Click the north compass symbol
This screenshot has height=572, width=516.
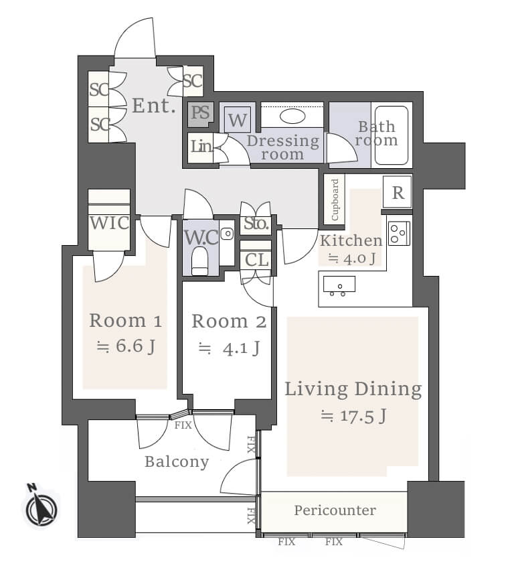click(x=41, y=506)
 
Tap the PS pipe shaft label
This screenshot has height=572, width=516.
click(x=200, y=113)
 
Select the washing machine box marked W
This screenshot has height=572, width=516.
click(x=238, y=120)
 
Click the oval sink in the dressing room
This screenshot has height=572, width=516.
click(x=292, y=117)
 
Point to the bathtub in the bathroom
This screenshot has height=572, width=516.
click(x=392, y=135)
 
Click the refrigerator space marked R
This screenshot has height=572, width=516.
click(x=398, y=192)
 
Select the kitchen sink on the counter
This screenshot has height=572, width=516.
click(x=339, y=285)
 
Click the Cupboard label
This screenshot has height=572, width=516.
click(x=335, y=200)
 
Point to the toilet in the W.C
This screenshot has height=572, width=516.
click(x=199, y=261)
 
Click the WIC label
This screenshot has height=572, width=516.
click(x=109, y=222)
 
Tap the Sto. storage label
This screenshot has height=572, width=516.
click(x=256, y=223)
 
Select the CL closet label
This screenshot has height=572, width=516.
click(x=256, y=260)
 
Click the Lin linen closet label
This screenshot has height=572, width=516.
click(x=201, y=146)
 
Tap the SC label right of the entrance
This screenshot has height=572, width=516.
click(x=192, y=80)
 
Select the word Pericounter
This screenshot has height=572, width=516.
click(x=335, y=510)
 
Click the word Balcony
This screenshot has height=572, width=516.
click(x=177, y=462)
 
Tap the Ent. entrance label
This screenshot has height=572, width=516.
click(x=154, y=106)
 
